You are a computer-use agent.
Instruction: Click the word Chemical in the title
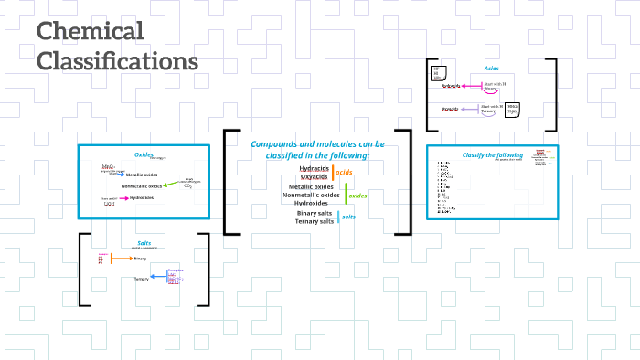91,32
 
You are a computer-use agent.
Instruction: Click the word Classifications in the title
117,61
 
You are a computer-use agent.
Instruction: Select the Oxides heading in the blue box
144,154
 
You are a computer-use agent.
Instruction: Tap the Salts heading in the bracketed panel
144,243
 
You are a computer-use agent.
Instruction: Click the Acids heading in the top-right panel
492,69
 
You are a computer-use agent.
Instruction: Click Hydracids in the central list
314,168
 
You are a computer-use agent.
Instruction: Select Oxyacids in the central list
315,176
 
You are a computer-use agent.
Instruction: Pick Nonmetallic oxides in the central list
311,195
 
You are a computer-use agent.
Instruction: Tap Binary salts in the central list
315,213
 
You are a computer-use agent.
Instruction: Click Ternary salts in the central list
314,221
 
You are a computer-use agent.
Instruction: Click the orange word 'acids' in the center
345,172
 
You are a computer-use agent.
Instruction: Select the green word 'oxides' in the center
357,196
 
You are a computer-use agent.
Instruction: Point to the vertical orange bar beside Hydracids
333,172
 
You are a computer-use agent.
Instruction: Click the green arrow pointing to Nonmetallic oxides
170,185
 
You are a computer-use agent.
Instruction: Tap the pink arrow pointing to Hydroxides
120,197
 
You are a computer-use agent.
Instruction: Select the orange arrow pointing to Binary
120,259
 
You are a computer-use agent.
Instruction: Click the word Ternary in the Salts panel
141,279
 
